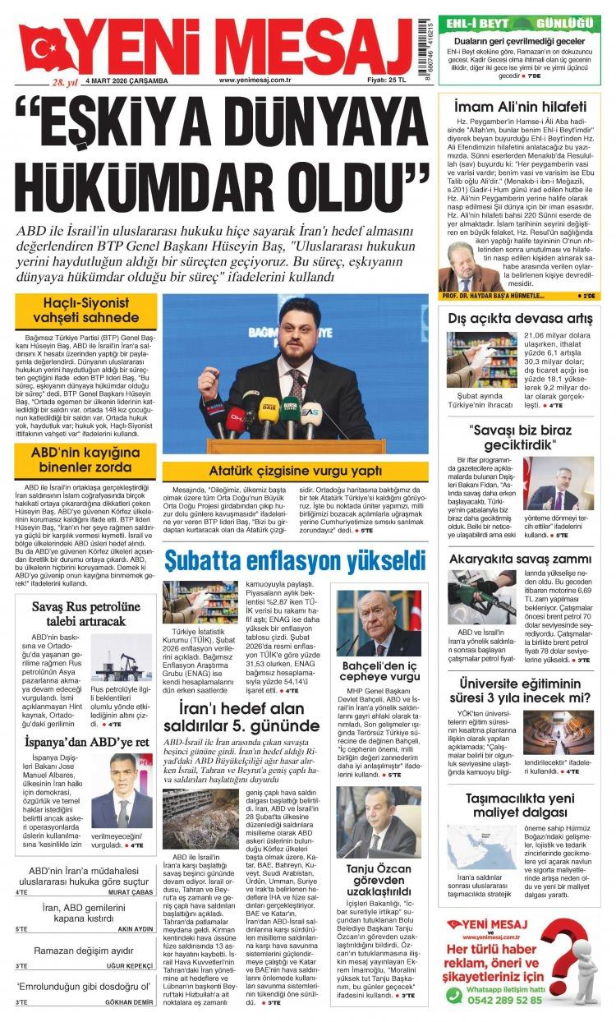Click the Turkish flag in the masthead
click(x=49, y=48)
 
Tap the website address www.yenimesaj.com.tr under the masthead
click(x=256, y=80)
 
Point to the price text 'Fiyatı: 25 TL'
click(x=388, y=80)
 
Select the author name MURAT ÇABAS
click(x=131, y=891)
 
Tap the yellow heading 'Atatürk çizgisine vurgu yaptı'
click(x=294, y=471)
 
